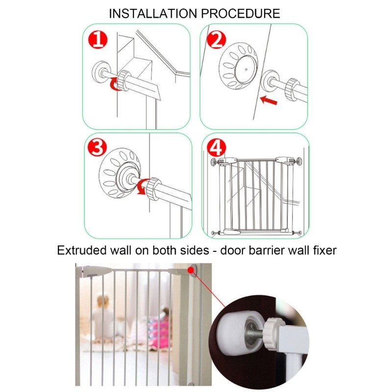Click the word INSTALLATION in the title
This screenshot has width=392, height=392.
(153, 14)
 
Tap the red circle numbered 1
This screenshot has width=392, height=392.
(98, 40)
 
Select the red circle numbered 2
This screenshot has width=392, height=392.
(217, 40)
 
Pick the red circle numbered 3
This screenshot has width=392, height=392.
(97, 147)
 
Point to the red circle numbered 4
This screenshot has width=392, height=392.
(217, 147)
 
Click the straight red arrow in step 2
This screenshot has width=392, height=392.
(269, 100)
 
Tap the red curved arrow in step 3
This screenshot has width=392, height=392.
(142, 187)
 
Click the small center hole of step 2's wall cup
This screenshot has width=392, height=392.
(246, 70)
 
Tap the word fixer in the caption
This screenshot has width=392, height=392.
(324, 250)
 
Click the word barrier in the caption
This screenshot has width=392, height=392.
(267, 250)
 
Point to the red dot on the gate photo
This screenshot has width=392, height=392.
(191, 270)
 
